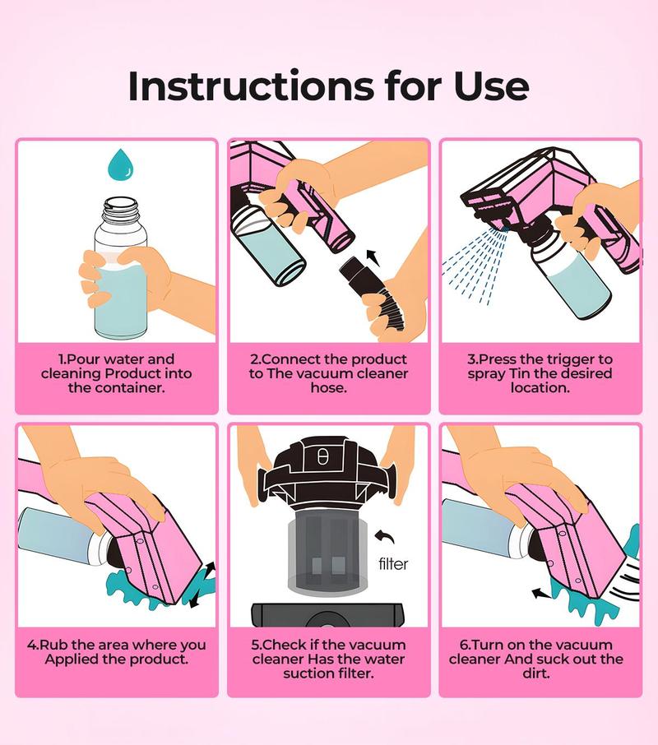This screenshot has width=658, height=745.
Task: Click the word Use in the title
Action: [x=490, y=86]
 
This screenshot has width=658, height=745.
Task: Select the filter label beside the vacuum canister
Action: [x=393, y=564]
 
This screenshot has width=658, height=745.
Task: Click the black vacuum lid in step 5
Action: [x=328, y=465]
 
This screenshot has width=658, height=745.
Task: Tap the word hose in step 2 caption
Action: [x=328, y=387]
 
